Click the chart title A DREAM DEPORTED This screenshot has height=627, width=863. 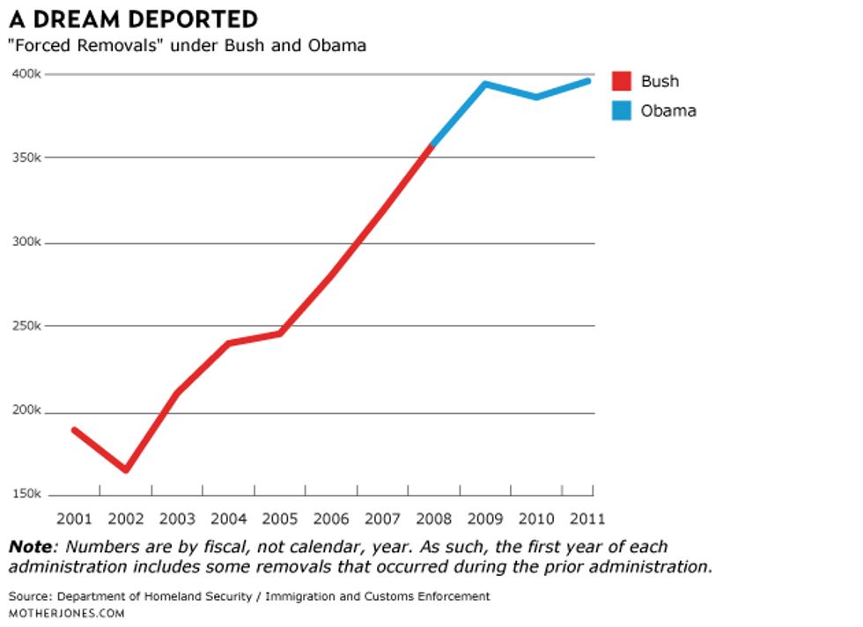point(133,18)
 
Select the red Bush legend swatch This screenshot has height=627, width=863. point(622,81)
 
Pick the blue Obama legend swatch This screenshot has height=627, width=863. point(622,111)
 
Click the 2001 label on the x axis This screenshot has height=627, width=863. point(74,518)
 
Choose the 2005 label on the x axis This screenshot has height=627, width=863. point(281,518)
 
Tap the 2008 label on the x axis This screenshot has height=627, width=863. point(435,518)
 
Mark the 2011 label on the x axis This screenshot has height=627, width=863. point(588,518)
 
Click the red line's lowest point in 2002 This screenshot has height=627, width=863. point(126,469)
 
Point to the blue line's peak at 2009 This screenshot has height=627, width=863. point(484,85)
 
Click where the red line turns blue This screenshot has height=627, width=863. point(431,145)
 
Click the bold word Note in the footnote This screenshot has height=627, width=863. point(30,547)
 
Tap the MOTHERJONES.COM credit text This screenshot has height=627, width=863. point(67,612)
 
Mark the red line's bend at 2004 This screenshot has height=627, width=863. point(229,343)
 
